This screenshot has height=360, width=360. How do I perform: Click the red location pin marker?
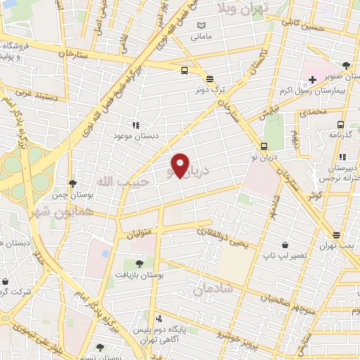pos(180,165)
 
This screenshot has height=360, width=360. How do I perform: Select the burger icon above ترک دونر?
pos(209,78)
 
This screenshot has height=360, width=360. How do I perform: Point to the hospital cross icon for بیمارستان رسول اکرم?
pos(312,79)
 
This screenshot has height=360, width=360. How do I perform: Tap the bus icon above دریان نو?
pos(264,146)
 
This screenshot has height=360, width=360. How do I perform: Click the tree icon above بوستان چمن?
pos(72,184)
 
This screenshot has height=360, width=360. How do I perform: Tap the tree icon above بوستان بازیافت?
pos(139,264)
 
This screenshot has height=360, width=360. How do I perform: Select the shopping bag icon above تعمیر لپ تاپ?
pos(284,245)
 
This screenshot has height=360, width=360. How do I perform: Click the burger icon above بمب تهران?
pos(336,235)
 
